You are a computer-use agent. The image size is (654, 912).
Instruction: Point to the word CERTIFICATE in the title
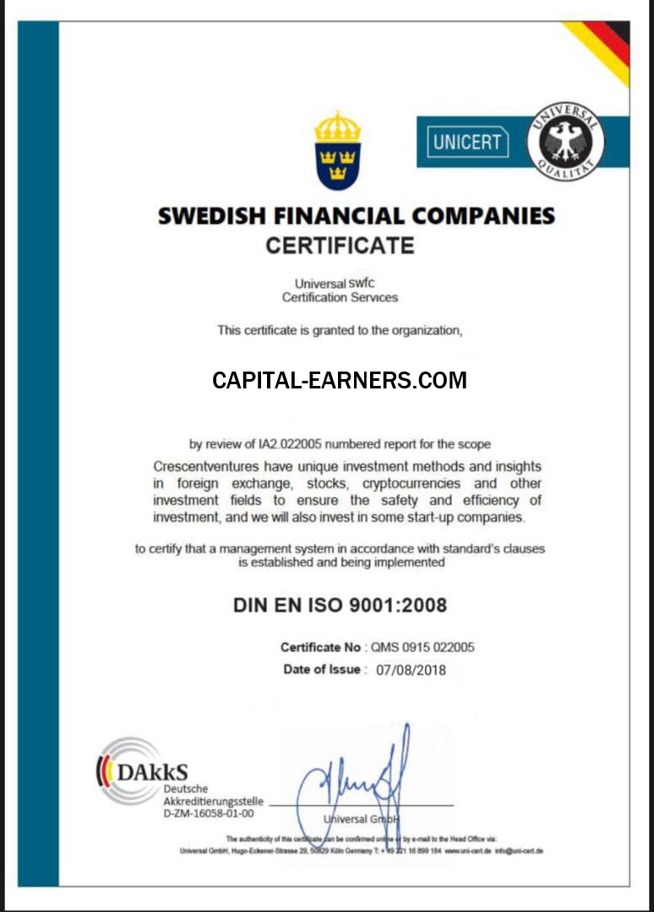pos(340,246)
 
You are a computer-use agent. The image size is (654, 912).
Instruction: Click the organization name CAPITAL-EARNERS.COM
pos(339,381)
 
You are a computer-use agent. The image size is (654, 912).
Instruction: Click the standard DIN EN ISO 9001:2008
pos(340,605)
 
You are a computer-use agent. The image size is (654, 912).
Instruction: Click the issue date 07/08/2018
pos(411,670)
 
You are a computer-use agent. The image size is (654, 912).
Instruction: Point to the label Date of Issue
pos(323,670)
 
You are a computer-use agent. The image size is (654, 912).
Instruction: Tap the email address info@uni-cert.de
pos(519,850)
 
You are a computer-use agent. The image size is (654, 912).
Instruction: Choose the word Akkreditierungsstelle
pos(213,801)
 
